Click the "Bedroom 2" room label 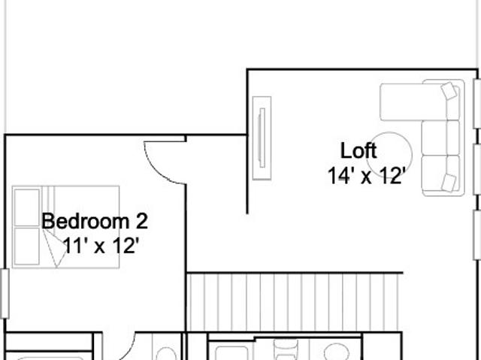pyautogui.click(x=95, y=221)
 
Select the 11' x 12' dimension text pyautogui.click(x=101, y=246)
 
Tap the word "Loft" pyautogui.click(x=358, y=150)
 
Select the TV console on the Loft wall pyautogui.click(x=262, y=138)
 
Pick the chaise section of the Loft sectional pyautogui.click(x=413, y=101)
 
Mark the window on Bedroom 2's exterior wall pyautogui.click(x=5, y=293)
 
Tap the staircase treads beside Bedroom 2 pyautogui.click(x=294, y=302)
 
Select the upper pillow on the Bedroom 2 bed pyautogui.click(x=27, y=207)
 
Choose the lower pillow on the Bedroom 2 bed pyautogui.click(x=27, y=246)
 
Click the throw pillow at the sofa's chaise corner pyautogui.click(x=449, y=90)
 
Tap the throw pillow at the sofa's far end pyautogui.click(x=449, y=183)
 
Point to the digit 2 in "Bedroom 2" pyautogui.click(x=142, y=221)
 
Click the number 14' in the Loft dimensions pyautogui.click(x=339, y=176)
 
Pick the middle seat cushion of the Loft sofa pyautogui.click(x=434, y=138)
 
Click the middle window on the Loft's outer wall pyautogui.click(x=477, y=169)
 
